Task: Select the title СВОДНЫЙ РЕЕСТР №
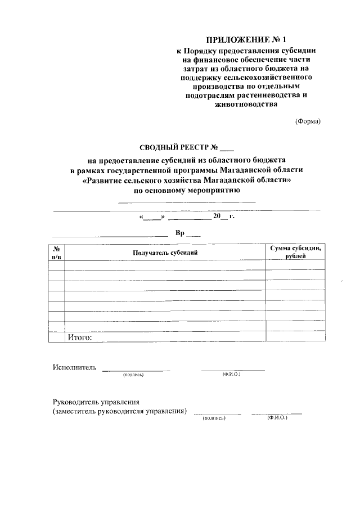pyautogui.click(x=178, y=148)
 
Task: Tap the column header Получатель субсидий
pyautogui.click(x=165, y=253)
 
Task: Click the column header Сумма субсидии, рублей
pyautogui.click(x=295, y=251)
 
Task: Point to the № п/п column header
pyautogui.click(x=56, y=252)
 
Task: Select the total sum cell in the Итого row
pyautogui.click(x=295, y=337)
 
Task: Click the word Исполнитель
pyautogui.click(x=74, y=368)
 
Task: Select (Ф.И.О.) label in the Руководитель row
pyautogui.click(x=277, y=418)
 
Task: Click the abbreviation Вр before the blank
pyautogui.click(x=180, y=232)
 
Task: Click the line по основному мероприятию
pyautogui.click(x=187, y=191)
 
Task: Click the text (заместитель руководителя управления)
pyautogui.click(x=120, y=412)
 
